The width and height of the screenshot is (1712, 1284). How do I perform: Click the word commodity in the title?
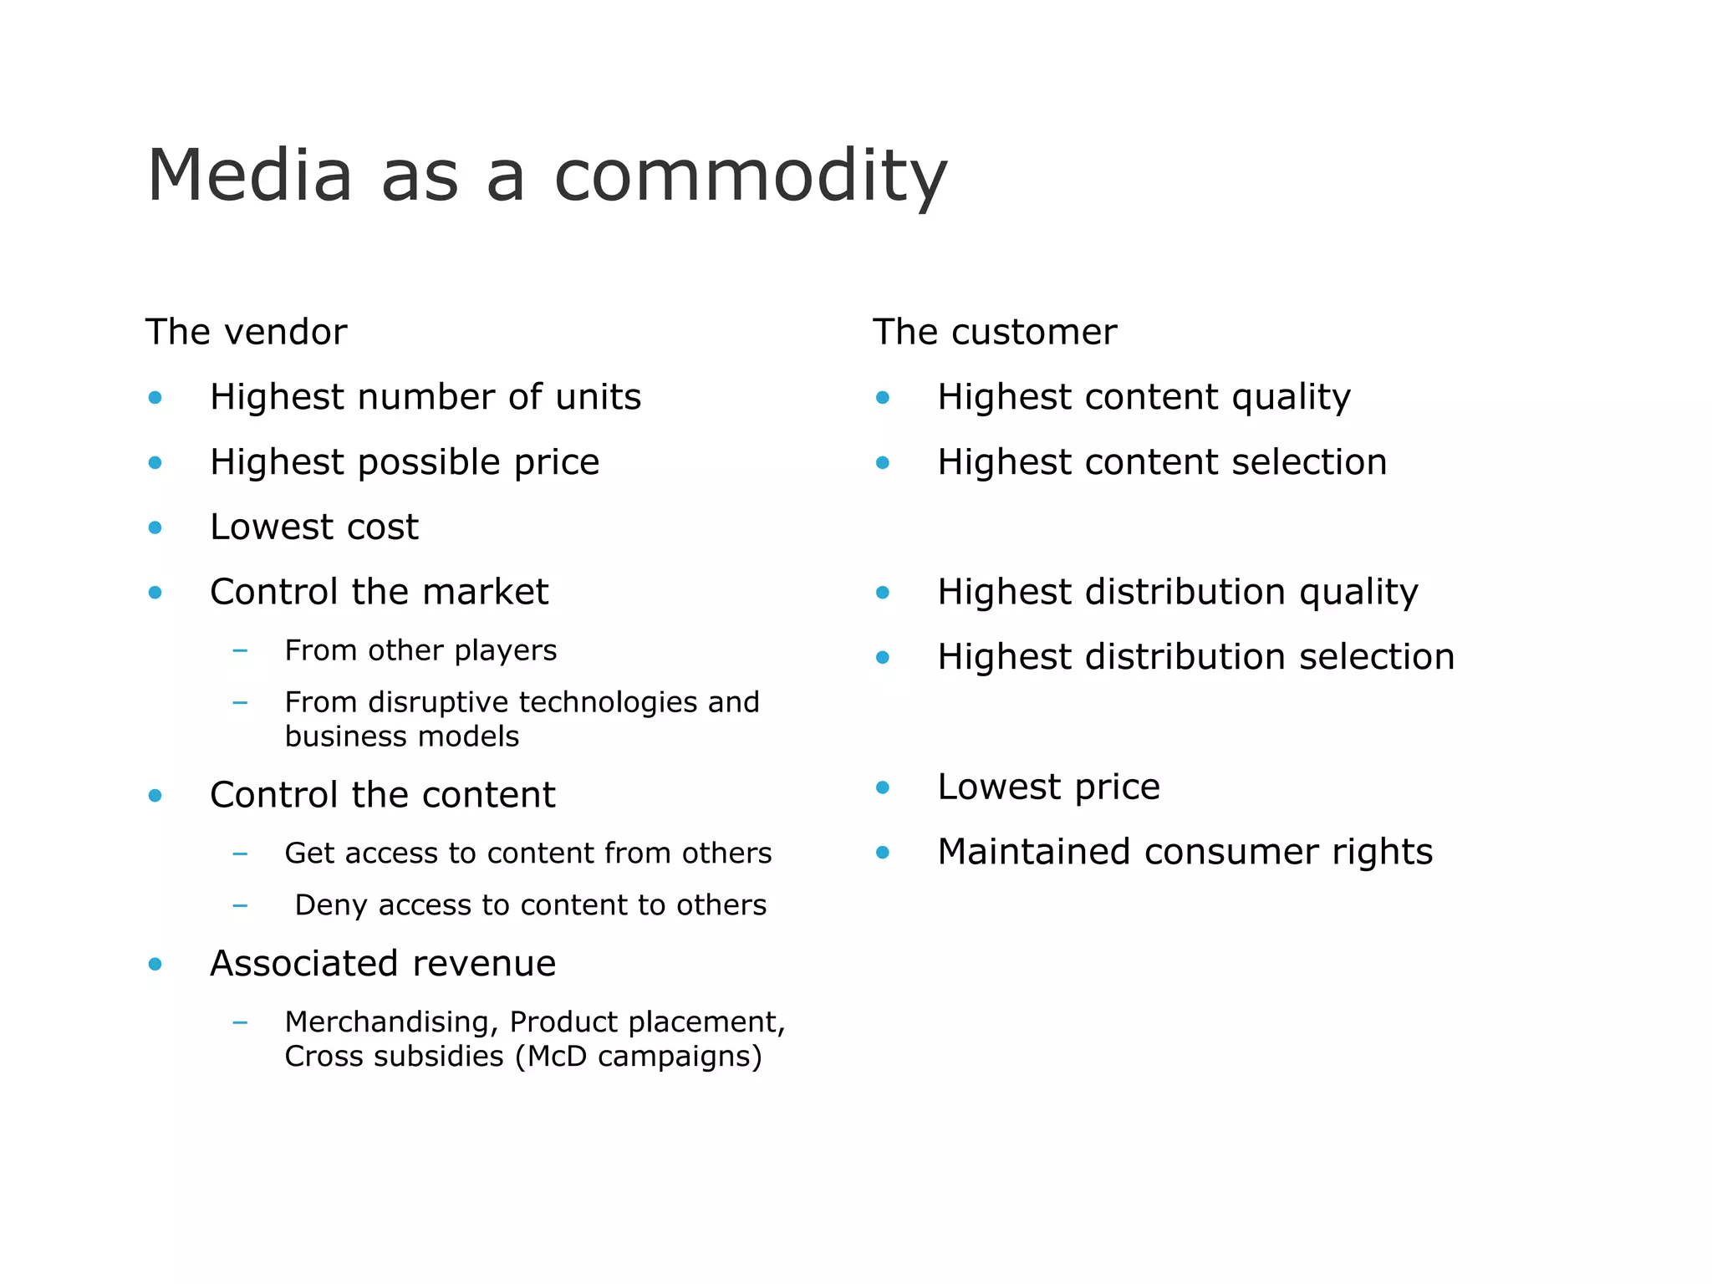click(750, 176)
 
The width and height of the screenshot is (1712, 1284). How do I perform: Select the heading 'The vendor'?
click(246, 332)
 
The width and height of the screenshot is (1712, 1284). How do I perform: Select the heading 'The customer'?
click(994, 332)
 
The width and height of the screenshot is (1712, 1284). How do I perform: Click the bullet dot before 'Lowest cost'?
click(155, 527)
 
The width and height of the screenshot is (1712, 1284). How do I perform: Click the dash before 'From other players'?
click(240, 650)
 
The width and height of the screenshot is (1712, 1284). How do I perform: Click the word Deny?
click(331, 905)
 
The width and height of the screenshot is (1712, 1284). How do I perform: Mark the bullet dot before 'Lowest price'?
click(882, 787)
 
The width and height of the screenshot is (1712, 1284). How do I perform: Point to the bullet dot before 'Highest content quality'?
click(882, 398)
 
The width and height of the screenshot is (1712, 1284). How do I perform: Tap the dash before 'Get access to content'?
click(240, 853)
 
